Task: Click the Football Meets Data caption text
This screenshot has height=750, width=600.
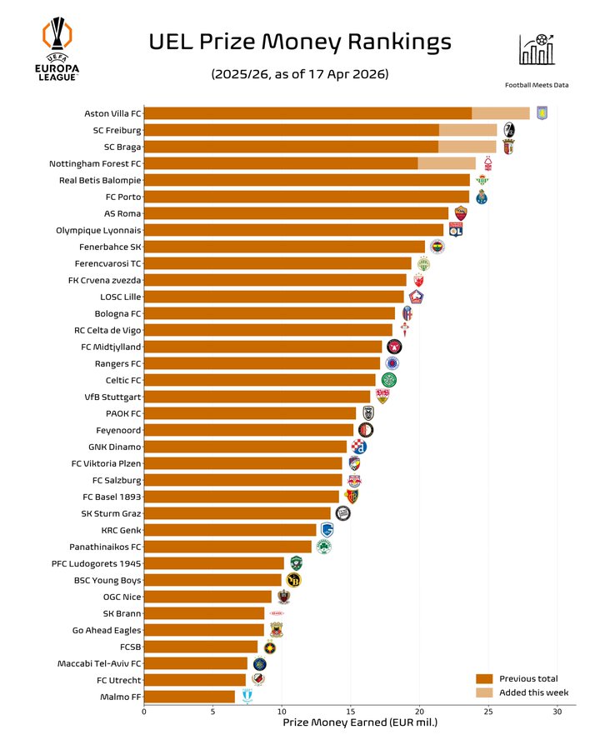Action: [x=537, y=84]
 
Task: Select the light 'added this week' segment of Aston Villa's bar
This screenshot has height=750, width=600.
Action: [x=501, y=113]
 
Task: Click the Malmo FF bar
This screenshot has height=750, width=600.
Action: [x=189, y=697]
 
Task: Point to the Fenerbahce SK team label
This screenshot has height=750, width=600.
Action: [x=110, y=247]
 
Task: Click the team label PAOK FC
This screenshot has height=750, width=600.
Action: [x=123, y=413]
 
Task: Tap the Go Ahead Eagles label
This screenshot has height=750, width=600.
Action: [x=107, y=630]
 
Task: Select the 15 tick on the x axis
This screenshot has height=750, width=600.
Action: [x=351, y=711]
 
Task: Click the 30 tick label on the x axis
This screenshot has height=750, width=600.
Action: [x=557, y=711]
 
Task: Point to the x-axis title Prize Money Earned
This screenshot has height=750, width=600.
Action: [x=360, y=722]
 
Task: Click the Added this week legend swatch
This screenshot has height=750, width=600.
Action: [x=484, y=692]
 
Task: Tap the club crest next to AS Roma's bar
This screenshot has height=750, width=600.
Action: [x=461, y=213]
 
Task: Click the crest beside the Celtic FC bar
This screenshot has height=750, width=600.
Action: [x=388, y=380]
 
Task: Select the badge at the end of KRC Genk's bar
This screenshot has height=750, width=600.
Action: [x=327, y=530]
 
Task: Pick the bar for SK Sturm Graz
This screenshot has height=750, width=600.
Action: [x=237, y=513]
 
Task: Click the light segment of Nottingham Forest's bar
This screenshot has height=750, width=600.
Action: [x=447, y=163]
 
